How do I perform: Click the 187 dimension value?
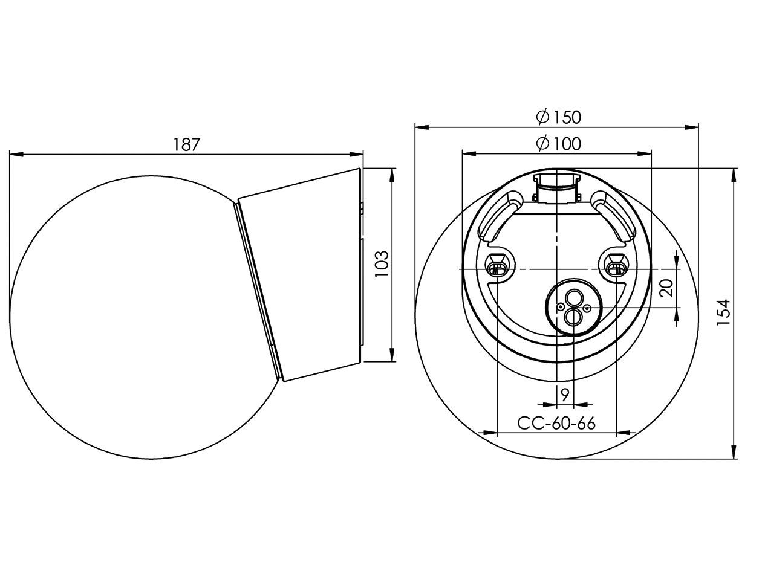tap(186, 145)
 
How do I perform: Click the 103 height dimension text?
tap(382, 264)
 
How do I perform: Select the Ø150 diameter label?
tap(558, 117)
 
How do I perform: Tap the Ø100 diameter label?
tap(558, 144)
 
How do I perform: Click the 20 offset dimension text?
tap(666, 288)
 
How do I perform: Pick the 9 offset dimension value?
tap(564, 395)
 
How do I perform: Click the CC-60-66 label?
tap(556, 423)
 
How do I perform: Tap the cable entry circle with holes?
tap(573, 308)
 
